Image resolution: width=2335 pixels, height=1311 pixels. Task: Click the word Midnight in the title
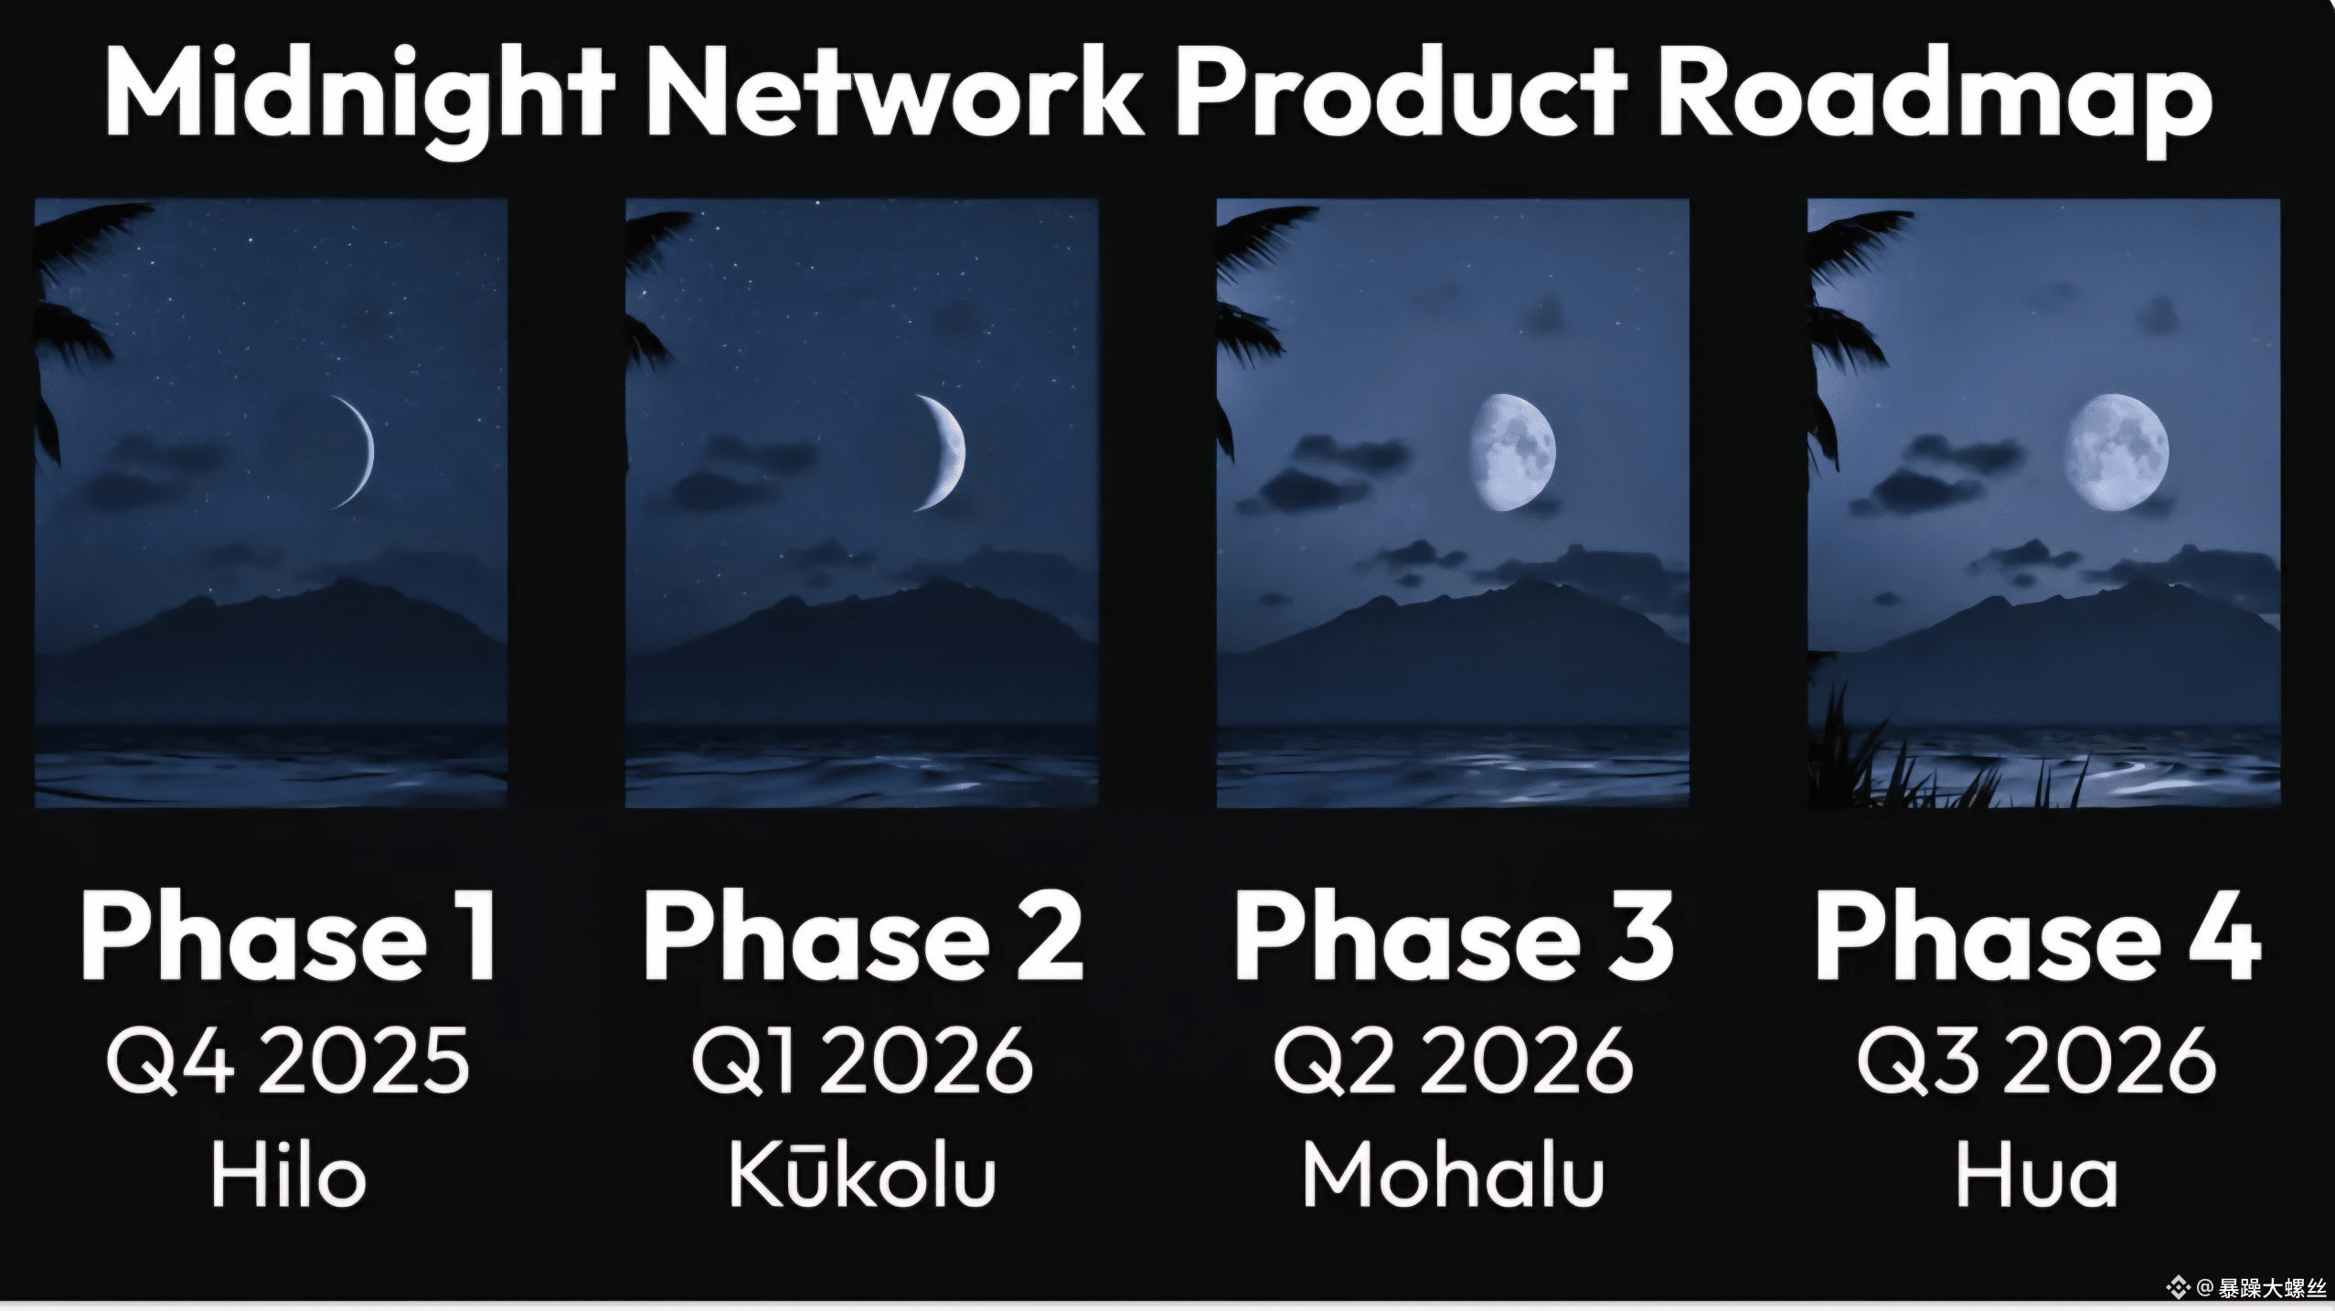coord(360,95)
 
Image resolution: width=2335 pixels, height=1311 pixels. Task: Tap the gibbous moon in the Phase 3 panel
coord(1513,453)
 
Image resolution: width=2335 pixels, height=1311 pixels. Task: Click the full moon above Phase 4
coord(2116,453)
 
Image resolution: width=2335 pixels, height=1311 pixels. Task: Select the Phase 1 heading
coord(290,937)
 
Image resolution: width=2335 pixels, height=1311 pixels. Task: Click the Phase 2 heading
coord(863,937)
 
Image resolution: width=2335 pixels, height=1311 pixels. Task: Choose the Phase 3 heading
coord(1454,937)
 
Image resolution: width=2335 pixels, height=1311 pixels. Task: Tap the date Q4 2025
coord(288,1061)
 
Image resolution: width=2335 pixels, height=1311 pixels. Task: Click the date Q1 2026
coord(862,1061)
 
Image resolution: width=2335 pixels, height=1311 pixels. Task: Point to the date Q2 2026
coord(1454,1061)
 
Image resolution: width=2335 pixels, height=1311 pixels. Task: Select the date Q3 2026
coord(2037,1061)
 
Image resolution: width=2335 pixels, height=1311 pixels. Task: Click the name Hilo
coord(289,1174)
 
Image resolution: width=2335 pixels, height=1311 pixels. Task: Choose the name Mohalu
coord(1454,1174)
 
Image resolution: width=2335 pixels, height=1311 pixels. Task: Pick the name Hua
coord(2037,1174)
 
